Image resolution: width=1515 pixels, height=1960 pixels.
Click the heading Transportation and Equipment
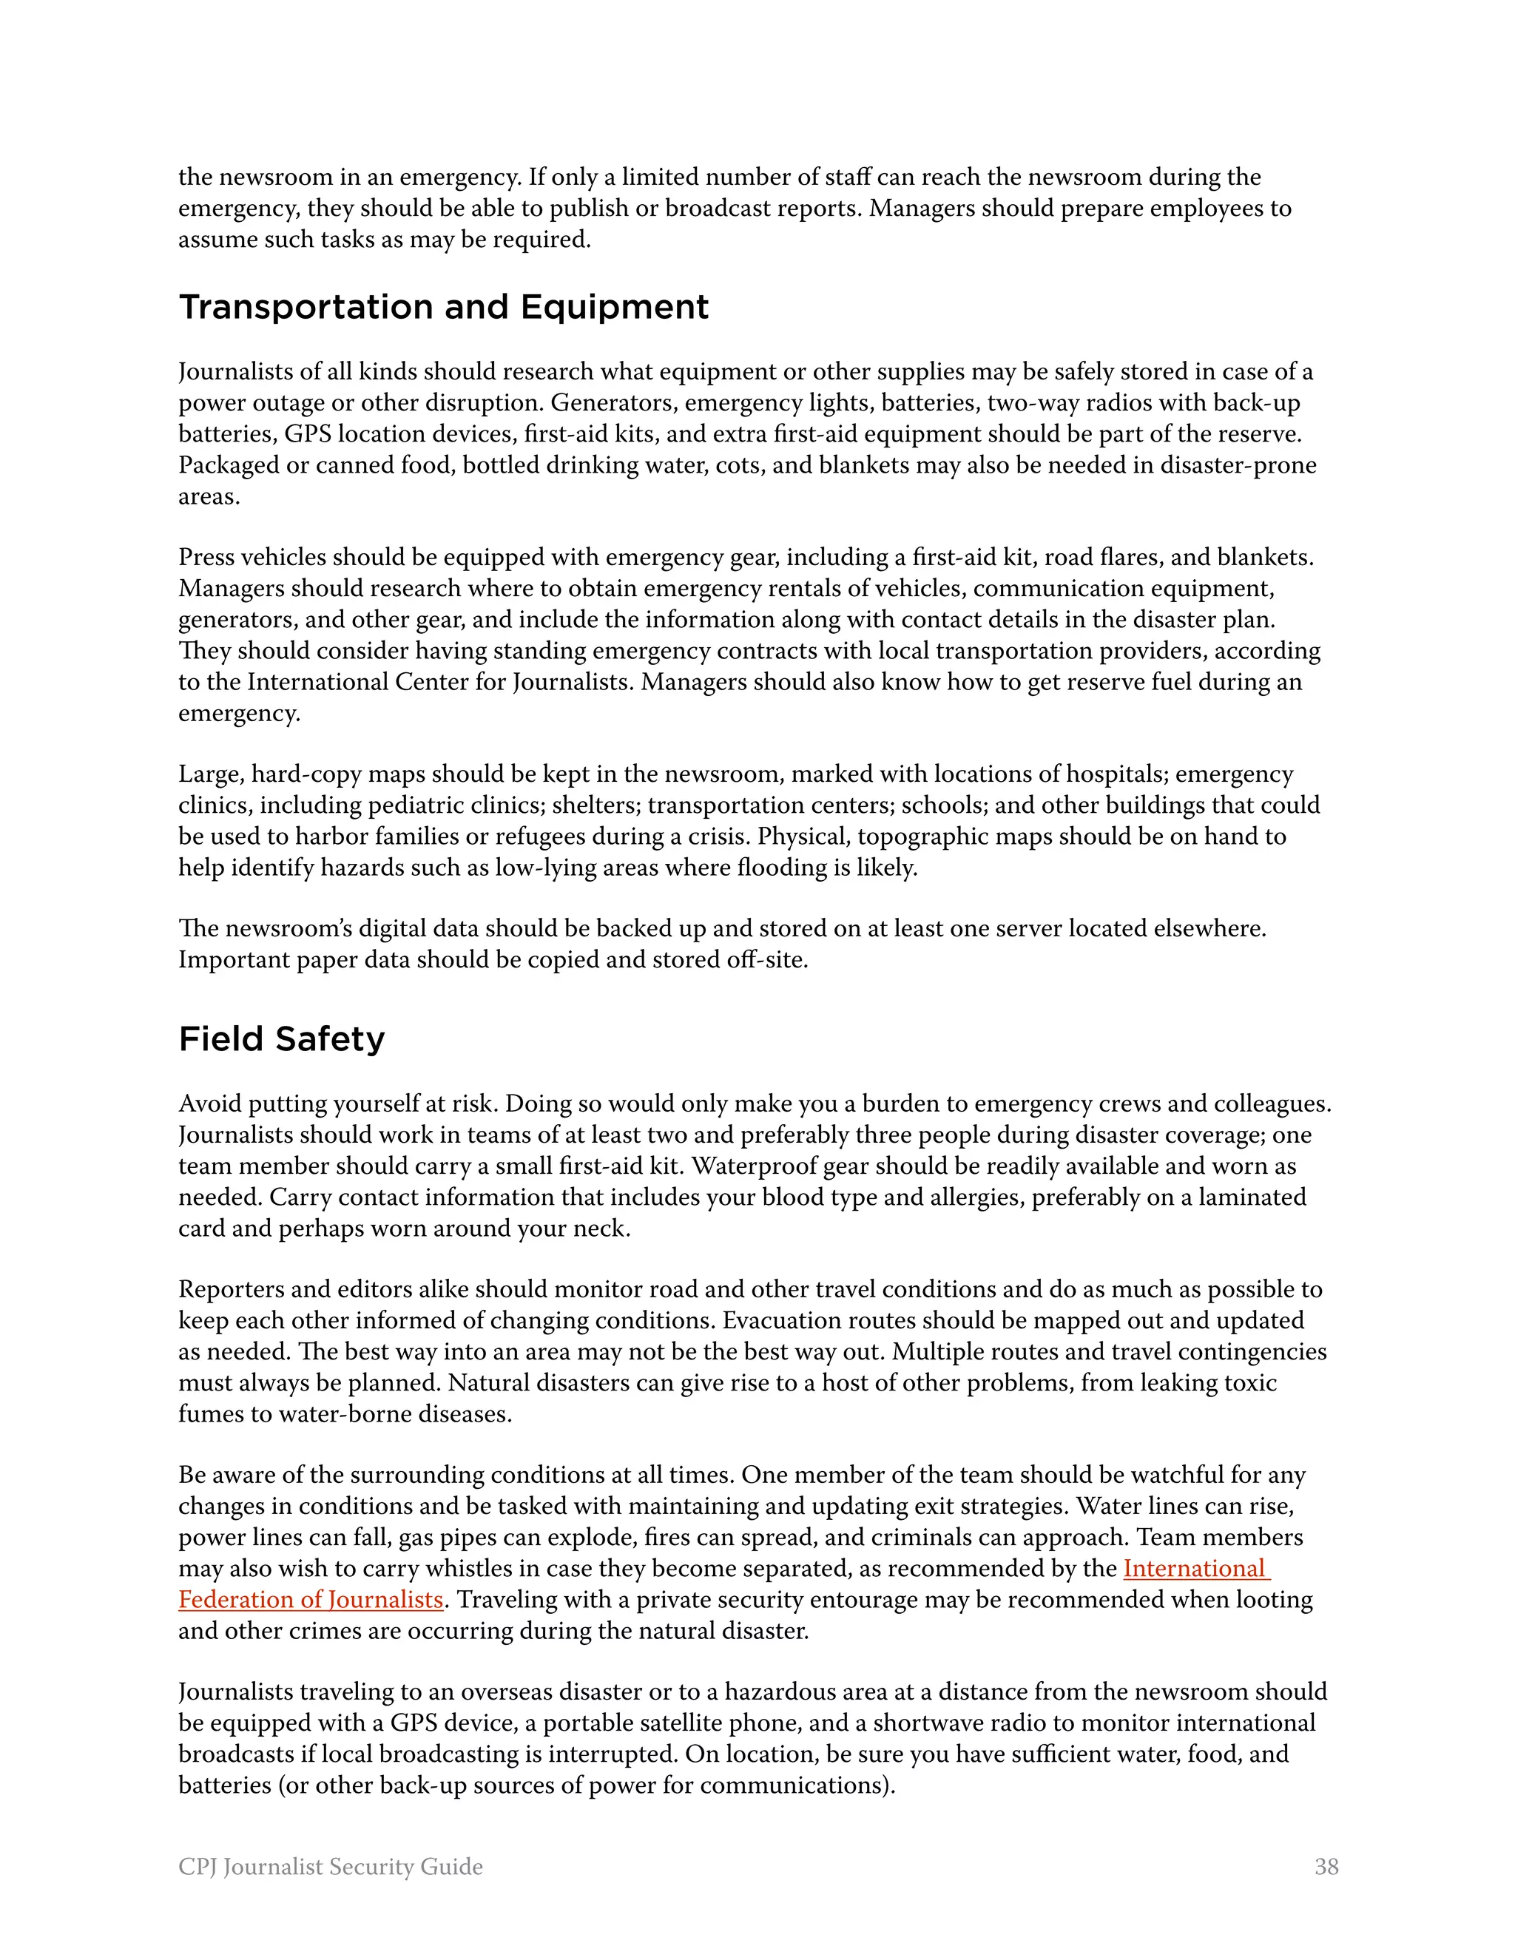[x=443, y=308]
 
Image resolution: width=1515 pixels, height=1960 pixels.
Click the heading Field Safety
[x=281, y=1039]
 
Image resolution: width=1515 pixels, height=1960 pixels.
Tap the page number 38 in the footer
[x=1326, y=1867]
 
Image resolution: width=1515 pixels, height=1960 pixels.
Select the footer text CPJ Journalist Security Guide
[x=330, y=1867]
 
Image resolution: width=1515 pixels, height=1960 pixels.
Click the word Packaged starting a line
[x=226, y=466]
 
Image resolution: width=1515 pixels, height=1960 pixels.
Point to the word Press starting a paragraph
[x=206, y=558]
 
